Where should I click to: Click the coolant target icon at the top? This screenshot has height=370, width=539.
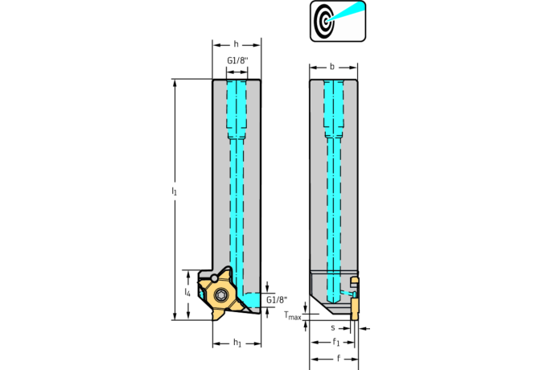(338, 21)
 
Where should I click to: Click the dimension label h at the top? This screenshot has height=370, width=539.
(237, 44)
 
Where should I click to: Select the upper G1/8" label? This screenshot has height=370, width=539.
(237, 60)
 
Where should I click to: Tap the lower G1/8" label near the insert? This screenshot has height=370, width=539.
(277, 299)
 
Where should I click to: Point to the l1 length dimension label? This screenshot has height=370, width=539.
(175, 191)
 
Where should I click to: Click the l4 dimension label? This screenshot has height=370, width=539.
(187, 292)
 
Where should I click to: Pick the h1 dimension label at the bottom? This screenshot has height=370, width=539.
(237, 343)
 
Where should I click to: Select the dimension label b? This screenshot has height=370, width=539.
(332, 67)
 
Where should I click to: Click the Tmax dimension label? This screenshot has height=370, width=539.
(293, 315)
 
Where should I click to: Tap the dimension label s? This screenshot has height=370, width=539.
(333, 328)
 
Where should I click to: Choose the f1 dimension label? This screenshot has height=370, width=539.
(335, 342)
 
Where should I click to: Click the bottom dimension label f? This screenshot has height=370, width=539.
(338, 358)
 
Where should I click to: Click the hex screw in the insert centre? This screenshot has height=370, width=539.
(220, 295)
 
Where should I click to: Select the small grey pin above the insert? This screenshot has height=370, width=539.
(215, 277)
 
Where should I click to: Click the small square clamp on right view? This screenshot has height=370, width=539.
(355, 282)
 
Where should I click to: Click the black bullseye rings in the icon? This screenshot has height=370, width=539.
(324, 21)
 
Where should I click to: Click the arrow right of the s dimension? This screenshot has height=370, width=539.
(364, 329)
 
